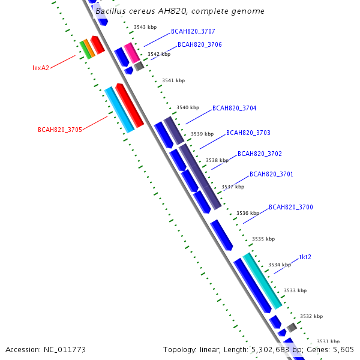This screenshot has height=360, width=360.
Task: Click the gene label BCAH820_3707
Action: tap(193, 31)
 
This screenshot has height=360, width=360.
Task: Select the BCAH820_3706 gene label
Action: tap(199, 44)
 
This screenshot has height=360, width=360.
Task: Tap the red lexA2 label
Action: tap(41, 68)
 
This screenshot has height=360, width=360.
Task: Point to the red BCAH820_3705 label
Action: tap(59, 129)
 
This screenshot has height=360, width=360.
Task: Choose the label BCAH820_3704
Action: tap(234, 109)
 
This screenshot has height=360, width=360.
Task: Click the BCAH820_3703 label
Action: tap(248, 133)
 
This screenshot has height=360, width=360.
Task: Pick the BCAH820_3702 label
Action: tap(259, 154)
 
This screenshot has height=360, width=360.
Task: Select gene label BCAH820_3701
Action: tap(271, 174)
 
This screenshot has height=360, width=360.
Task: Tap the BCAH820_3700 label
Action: tap(290, 207)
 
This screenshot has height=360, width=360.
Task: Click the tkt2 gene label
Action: tap(305, 257)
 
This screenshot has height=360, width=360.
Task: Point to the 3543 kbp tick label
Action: tap(145, 27)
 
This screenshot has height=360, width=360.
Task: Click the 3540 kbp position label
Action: tap(187, 107)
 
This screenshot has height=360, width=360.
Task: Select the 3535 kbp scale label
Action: tap(263, 239)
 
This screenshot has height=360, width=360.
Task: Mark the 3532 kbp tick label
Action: tap(311, 316)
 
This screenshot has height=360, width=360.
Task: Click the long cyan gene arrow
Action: tap(119, 109)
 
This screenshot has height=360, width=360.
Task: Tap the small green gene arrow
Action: tap(85, 50)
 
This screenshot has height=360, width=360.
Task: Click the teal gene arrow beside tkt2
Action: tap(262, 280)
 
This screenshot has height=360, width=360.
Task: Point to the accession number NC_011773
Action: tap(46, 349)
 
